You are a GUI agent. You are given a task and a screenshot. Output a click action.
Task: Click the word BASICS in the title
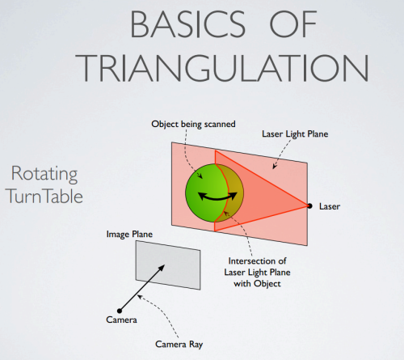187,24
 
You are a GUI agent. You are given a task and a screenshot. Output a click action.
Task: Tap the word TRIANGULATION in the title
222,68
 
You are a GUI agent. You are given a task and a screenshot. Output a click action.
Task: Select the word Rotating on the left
44,175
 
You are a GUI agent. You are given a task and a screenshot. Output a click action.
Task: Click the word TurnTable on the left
44,196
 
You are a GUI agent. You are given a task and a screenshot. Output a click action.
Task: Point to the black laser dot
309,206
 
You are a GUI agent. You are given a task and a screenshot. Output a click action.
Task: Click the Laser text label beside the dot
330,206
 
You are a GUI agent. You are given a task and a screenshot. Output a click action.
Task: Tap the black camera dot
120,311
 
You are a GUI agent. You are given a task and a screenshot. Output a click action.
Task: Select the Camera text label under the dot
121,320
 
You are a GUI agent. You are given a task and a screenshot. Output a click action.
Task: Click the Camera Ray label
179,345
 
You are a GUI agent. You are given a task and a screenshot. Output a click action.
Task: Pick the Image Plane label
129,235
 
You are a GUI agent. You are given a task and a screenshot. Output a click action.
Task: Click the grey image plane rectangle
168,265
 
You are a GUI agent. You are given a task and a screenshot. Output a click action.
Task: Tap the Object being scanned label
193,125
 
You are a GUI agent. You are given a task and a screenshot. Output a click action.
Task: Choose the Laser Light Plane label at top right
295,134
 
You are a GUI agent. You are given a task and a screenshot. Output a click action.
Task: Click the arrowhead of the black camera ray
162,268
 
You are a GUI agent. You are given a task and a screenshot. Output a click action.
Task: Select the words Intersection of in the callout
257,261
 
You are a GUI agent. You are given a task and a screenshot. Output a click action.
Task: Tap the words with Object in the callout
257,284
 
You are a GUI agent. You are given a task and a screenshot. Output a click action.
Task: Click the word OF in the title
293,24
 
